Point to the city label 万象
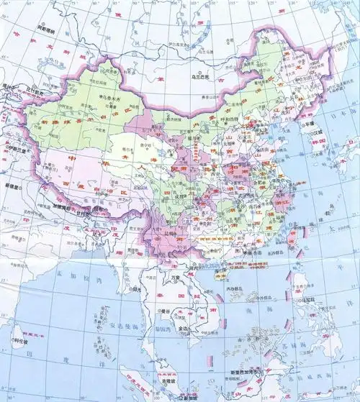tap(174, 275)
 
